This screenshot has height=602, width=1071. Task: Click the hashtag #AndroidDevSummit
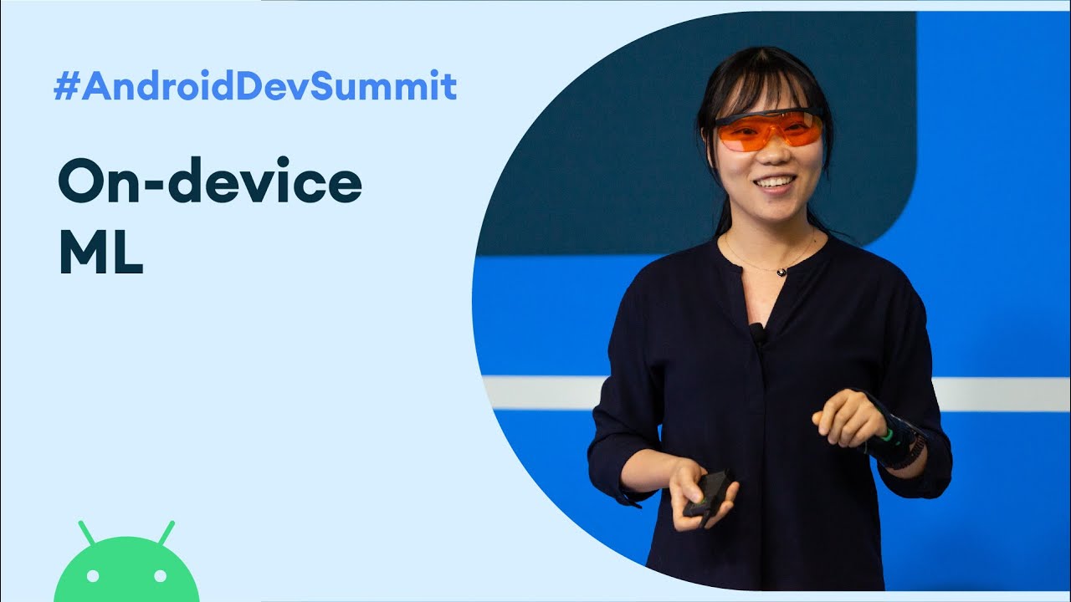(x=255, y=87)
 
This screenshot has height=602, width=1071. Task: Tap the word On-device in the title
(x=209, y=184)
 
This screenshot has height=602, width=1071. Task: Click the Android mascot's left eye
(x=93, y=576)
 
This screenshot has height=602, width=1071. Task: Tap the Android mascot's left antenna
(x=87, y=533)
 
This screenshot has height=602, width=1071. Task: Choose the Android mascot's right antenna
(x=166, y=533)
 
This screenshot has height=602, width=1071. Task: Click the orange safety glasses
(x=768, y=130)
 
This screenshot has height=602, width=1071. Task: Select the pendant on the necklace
(x=781, y=271)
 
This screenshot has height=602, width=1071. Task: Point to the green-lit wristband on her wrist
(x=892, y=439)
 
